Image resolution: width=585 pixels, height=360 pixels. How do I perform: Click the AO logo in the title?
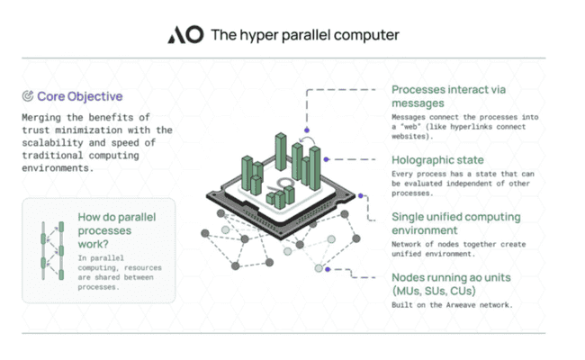pyautogui.click(x=185, y=35)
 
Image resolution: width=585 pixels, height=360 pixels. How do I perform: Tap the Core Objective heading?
pyautogui.click(x=80, y=96)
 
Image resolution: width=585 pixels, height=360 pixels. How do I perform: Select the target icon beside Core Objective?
pyautogui.click(x=28, y=96)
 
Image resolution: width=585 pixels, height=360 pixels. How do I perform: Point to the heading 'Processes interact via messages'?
pyautogui.click(x=448, y=96)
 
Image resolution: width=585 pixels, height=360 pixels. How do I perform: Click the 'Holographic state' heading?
pyautogui.click(x=437, y=160)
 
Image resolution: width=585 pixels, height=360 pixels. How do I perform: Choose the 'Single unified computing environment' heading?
pyautogui.click(x=456, y=223)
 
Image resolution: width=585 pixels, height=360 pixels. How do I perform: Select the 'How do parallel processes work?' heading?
pyautogui.click(x=117, y=230)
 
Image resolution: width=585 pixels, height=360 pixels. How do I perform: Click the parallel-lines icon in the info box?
pyautogui.click(x=52, y=250)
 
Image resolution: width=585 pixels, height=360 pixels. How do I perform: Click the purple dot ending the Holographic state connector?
pyautogui.click(x=327, y=159)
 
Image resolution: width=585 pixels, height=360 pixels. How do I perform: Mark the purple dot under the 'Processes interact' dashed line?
pyautogui.click(x=307, y=130)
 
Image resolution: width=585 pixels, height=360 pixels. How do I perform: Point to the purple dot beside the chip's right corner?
pyautogui.click(x=360, y=195)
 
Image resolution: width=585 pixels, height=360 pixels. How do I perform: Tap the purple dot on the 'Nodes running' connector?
pyautogui.click(x=328, y=269)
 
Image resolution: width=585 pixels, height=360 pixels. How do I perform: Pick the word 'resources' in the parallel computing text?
pyautogui.click(x=143, y=268)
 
